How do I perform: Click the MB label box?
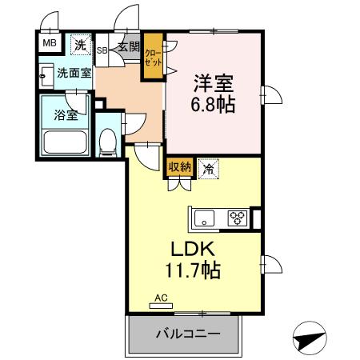tap(49, 43)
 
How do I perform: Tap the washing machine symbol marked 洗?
tap(80, 45)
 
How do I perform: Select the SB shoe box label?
tap(102, 50)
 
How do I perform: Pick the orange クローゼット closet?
tap(152, 58)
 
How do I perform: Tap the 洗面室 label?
tap(73, 74)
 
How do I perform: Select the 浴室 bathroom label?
tap(66, 114)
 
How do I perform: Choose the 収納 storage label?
tap(179, 167)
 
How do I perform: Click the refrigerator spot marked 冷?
tap(209, 168)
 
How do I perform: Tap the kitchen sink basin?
tap(205, 217)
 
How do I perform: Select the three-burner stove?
tap(238, 217)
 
